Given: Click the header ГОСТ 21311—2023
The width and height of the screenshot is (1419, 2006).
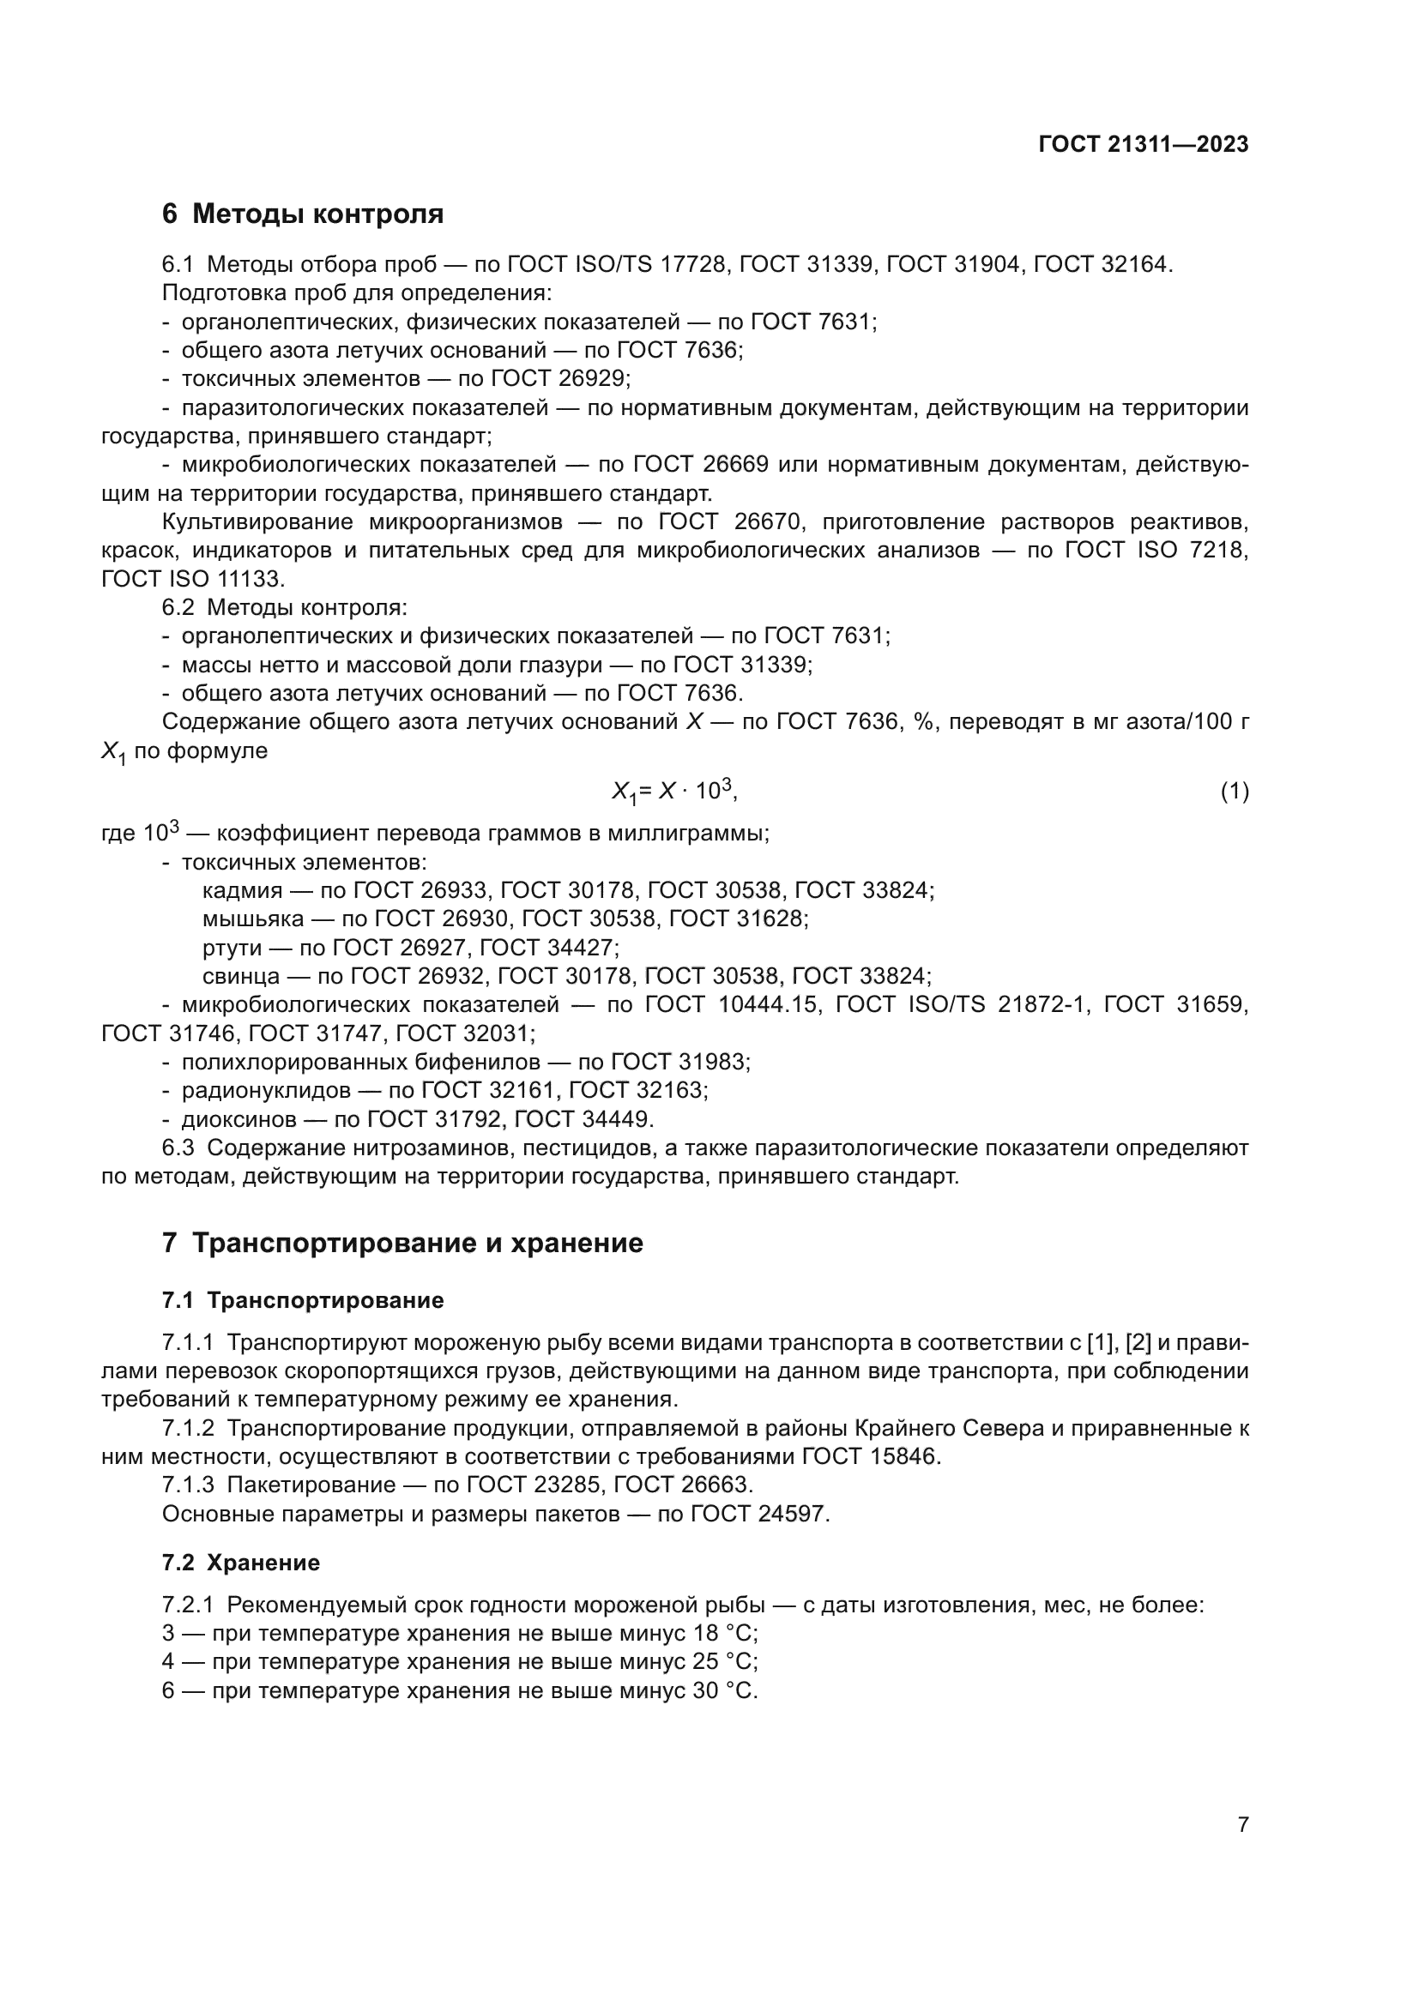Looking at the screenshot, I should (1143, 144).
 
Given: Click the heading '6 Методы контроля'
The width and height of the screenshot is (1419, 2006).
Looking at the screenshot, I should (302, 214).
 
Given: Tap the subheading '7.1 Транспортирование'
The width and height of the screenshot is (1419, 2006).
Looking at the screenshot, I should (302, 1300).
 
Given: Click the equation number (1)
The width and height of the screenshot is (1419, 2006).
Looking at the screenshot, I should (1234, 792).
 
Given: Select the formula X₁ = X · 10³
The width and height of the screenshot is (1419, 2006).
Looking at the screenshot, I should (674, 792).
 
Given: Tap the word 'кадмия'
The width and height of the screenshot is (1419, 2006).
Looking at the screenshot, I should (242, 890).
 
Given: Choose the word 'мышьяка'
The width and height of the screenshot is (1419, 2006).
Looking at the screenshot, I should (252, 919).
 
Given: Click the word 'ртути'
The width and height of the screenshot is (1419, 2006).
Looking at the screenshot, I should (232, 947).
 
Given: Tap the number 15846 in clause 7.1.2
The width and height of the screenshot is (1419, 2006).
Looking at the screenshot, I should (905, 1456).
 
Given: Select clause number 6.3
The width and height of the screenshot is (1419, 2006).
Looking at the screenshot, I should (178, 1148).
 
